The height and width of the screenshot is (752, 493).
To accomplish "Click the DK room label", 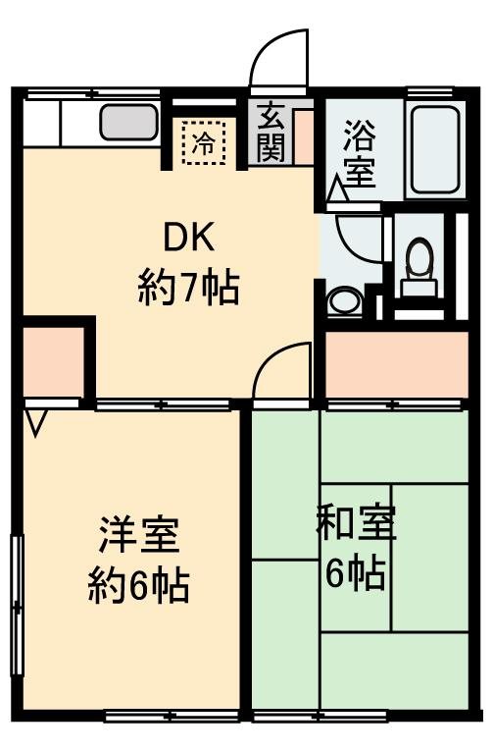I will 187,239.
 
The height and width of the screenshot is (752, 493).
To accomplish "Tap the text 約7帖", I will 187,289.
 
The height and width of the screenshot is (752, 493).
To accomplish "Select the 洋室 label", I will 138,536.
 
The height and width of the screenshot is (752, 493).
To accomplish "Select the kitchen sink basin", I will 128,123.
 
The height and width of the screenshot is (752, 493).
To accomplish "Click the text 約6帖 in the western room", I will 138,587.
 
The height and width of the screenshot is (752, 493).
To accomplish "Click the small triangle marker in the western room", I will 37,423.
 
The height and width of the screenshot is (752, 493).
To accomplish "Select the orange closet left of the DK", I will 52,360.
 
